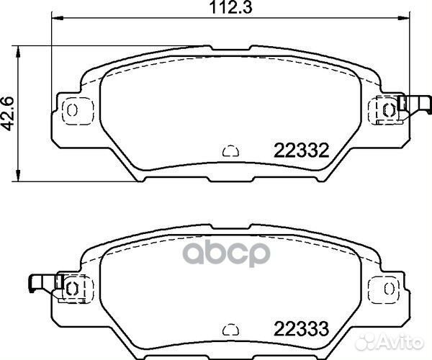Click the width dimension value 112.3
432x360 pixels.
[230, 9]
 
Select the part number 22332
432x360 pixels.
[301, 151]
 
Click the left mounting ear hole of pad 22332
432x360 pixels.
[72, 109]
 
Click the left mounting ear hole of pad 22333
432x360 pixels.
[72, 287]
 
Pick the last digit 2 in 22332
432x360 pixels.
[324, 151]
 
